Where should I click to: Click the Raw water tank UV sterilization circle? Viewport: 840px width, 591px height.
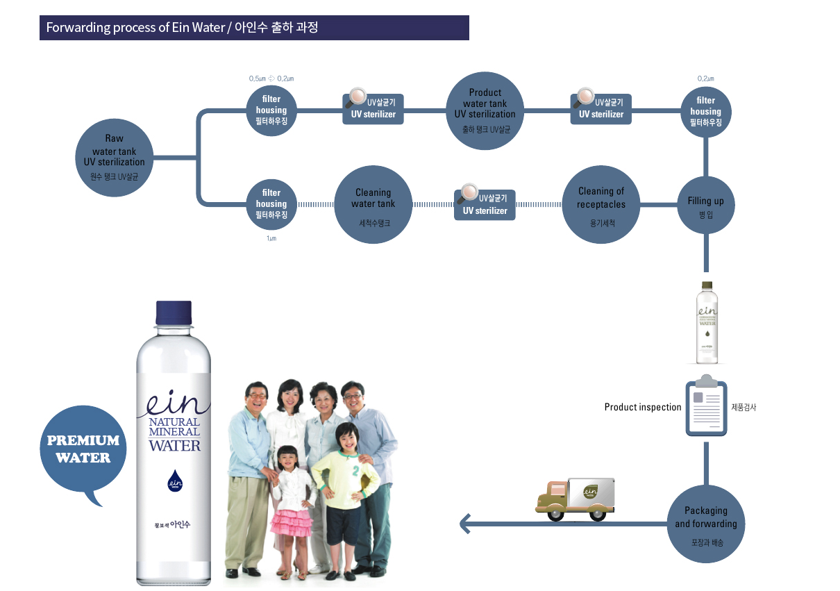coord(115,159)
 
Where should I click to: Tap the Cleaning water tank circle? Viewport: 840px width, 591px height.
coord(373,205)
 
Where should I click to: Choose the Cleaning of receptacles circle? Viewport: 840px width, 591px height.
coord(601,205)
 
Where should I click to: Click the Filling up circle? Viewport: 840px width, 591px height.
coord(705,206)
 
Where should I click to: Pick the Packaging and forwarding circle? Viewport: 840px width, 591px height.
coord(705,524)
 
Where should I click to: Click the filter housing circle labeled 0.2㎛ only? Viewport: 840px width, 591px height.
coord(705,110)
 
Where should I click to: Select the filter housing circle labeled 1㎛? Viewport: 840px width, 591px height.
coord(271,204)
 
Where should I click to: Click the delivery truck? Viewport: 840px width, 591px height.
coord(575,498)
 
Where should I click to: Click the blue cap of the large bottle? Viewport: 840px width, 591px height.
coord(174,313)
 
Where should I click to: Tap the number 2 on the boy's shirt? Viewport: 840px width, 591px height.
coord(355,470)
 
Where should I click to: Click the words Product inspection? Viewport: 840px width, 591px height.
coord(643,407)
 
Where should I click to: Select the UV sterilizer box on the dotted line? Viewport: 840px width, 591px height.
coord(485,205)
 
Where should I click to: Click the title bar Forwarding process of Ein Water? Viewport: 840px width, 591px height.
coord(254,28)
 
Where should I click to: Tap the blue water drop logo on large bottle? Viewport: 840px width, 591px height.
coord(174,479)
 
